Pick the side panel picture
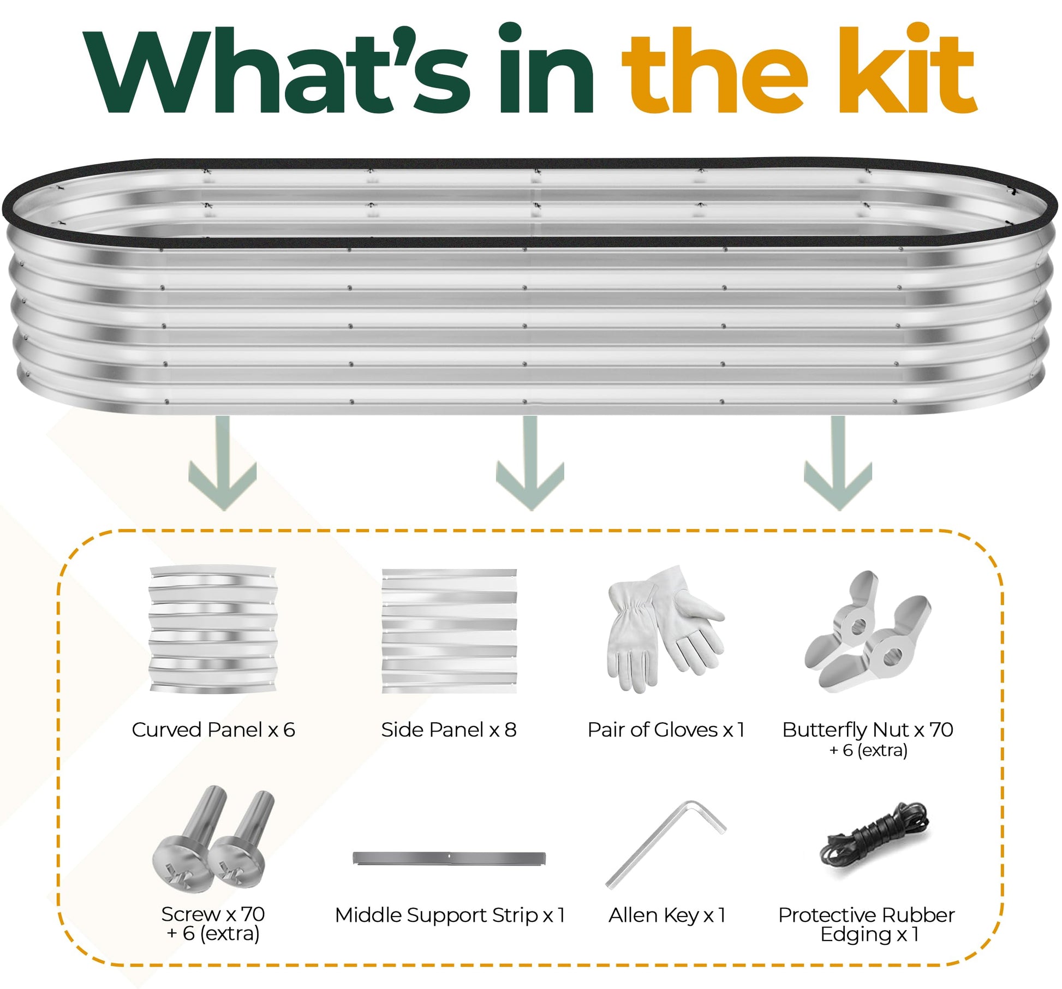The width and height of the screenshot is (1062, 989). pos(449,631)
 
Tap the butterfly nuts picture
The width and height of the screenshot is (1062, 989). pos(868,632)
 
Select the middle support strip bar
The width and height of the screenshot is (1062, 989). pos(449,858)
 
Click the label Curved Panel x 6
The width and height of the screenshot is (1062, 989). pos(213,729)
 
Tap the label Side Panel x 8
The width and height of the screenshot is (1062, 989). pos(449,729)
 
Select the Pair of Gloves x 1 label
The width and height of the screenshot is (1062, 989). pos(666,729)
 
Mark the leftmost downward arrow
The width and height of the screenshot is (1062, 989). pos(223,463)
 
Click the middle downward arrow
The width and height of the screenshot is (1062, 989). pos(530,463)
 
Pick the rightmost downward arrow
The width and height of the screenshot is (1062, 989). pos(838,463)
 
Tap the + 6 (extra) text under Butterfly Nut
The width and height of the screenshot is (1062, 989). pos(868,750)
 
